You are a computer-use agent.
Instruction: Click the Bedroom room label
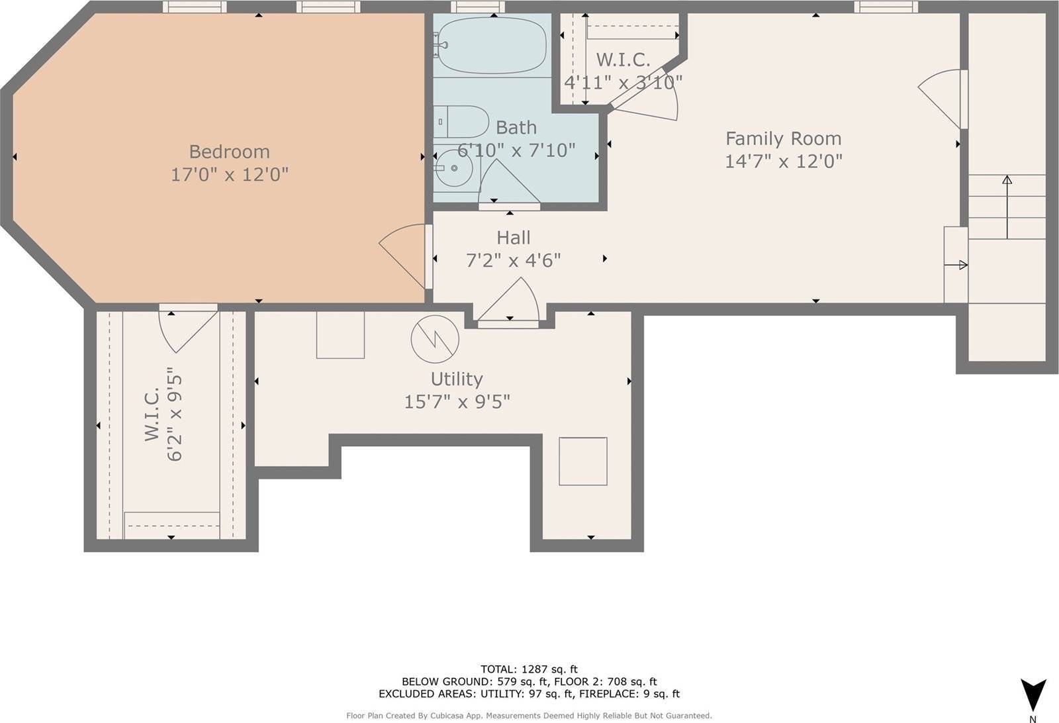[229, 152]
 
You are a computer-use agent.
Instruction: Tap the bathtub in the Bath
[490, 46]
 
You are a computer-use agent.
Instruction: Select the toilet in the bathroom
[461, 122]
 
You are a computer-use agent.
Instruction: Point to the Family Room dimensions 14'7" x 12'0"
[783, 161]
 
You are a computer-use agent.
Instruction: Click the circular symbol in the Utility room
[435, 339]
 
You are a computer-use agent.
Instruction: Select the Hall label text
[514, 237]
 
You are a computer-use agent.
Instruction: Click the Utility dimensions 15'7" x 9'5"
[457, 401]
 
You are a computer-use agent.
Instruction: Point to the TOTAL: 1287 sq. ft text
[529, 669]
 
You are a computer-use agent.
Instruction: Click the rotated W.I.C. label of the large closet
[153, 416]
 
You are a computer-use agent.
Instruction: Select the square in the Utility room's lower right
[582, 461]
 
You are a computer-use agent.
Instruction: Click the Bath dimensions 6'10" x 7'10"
[516, 150]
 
